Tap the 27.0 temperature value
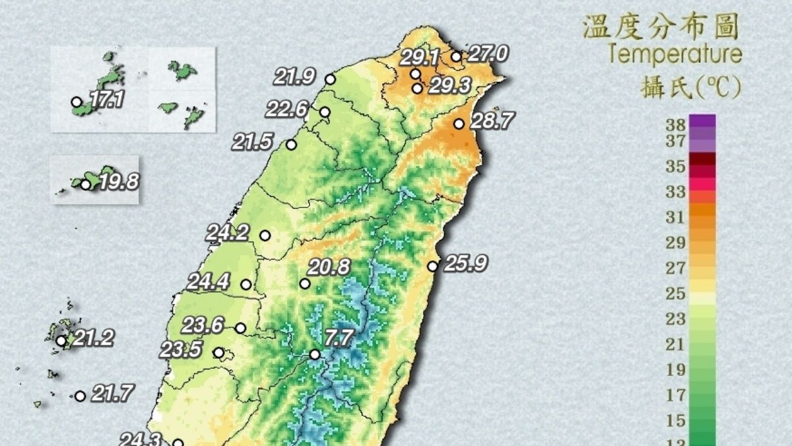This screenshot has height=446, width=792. tap(487, 54)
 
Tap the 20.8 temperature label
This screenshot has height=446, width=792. tap(328, 268)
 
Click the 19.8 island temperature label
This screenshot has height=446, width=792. tap(118, 182)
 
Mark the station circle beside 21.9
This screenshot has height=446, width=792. tap(331, 79)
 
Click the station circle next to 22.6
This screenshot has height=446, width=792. tap(325, 112)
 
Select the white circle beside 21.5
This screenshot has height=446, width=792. tap(291, 145)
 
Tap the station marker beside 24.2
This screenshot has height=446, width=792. tap(265, 235)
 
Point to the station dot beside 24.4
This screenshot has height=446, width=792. tap(246, 285)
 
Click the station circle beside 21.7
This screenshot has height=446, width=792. tap(80, 396)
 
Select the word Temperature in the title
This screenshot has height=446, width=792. tap(675, 54)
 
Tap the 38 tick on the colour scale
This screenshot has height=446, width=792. tap(676, 124)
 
